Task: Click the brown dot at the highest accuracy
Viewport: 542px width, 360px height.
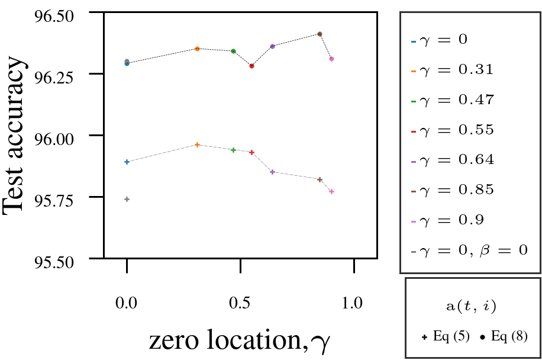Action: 320,34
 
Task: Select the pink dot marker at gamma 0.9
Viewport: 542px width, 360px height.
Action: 331,59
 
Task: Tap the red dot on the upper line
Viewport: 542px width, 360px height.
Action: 251,66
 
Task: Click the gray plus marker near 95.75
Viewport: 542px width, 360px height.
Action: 127,199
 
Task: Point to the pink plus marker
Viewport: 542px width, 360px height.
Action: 331,191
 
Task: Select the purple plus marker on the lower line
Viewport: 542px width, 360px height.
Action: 272,172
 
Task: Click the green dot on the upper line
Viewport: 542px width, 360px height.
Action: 233,51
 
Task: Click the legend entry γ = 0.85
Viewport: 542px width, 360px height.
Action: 455,190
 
